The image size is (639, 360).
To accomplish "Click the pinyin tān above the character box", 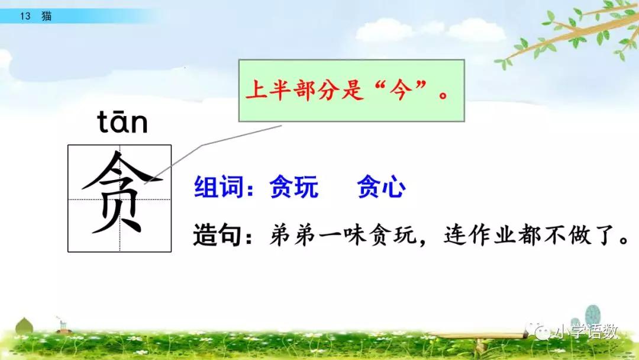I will pos(122,124).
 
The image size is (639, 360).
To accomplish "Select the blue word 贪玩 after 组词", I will pos(293,188).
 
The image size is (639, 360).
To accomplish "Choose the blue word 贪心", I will pos(382,188).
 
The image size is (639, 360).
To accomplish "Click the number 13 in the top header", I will pos(25,17).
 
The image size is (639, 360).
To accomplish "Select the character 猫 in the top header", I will pos(46,17).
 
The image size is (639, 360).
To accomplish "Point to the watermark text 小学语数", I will pos(586,332).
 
